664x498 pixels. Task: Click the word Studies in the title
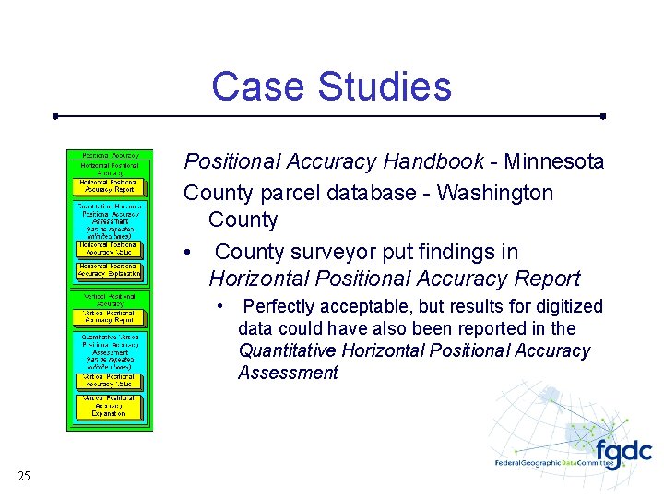click(x=385, y=87)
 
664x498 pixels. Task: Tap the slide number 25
click(x=24, y=476)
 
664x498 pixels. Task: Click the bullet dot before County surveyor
click(x=188, y=253)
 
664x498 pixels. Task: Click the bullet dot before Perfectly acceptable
click(x=221, y=306)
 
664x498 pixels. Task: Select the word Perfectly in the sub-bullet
click(x=280, y=306)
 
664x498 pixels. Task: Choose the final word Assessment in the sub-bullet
click(x=288, y=373)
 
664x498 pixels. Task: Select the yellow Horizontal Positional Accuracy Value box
click(x=108, y=248)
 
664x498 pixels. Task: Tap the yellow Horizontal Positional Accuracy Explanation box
click(x=109, y=270)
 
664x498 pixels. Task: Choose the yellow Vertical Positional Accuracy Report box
click(x=107, y=317)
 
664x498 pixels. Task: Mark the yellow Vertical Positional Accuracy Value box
click(x=107, y=380)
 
